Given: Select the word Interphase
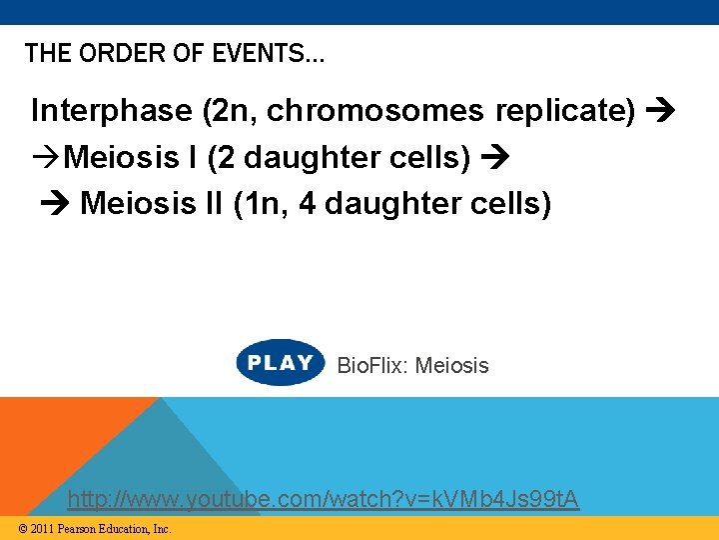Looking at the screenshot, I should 111,110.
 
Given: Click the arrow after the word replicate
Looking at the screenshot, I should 660,111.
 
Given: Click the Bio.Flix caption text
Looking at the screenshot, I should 412,365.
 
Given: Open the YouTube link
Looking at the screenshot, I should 323,498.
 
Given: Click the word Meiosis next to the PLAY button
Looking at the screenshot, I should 451,365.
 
